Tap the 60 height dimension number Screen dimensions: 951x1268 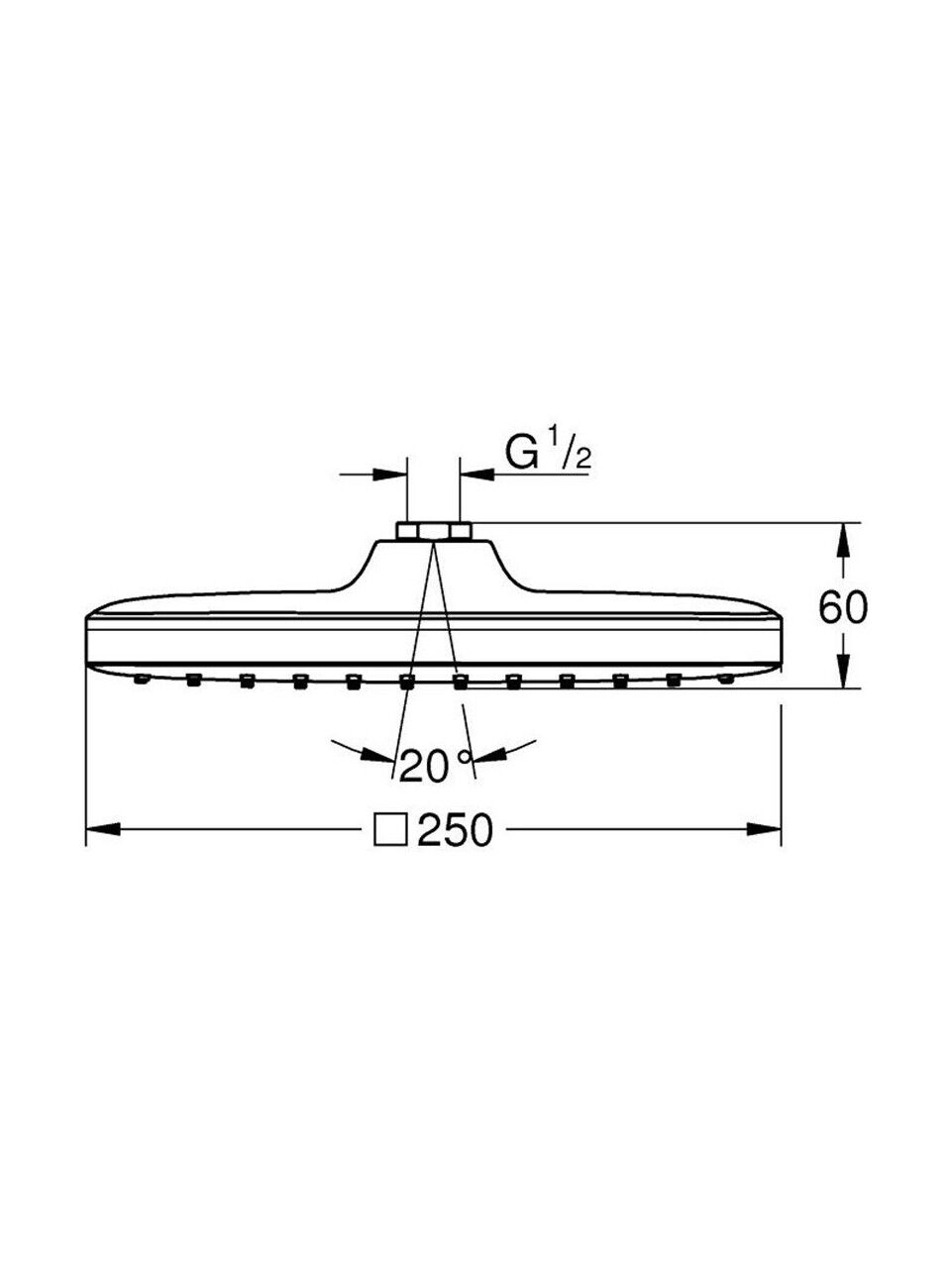(x=843, y=607)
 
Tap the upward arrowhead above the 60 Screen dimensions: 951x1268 (x=843, y=540)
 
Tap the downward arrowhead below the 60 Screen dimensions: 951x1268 (x=843, y=671)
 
